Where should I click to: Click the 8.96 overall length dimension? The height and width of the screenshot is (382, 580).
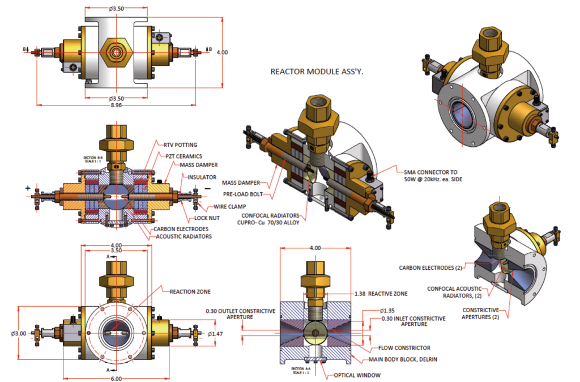pos(117,112)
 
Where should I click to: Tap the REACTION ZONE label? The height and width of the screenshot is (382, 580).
pos(190,291)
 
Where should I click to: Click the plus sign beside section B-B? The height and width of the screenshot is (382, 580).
pos(27,186)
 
